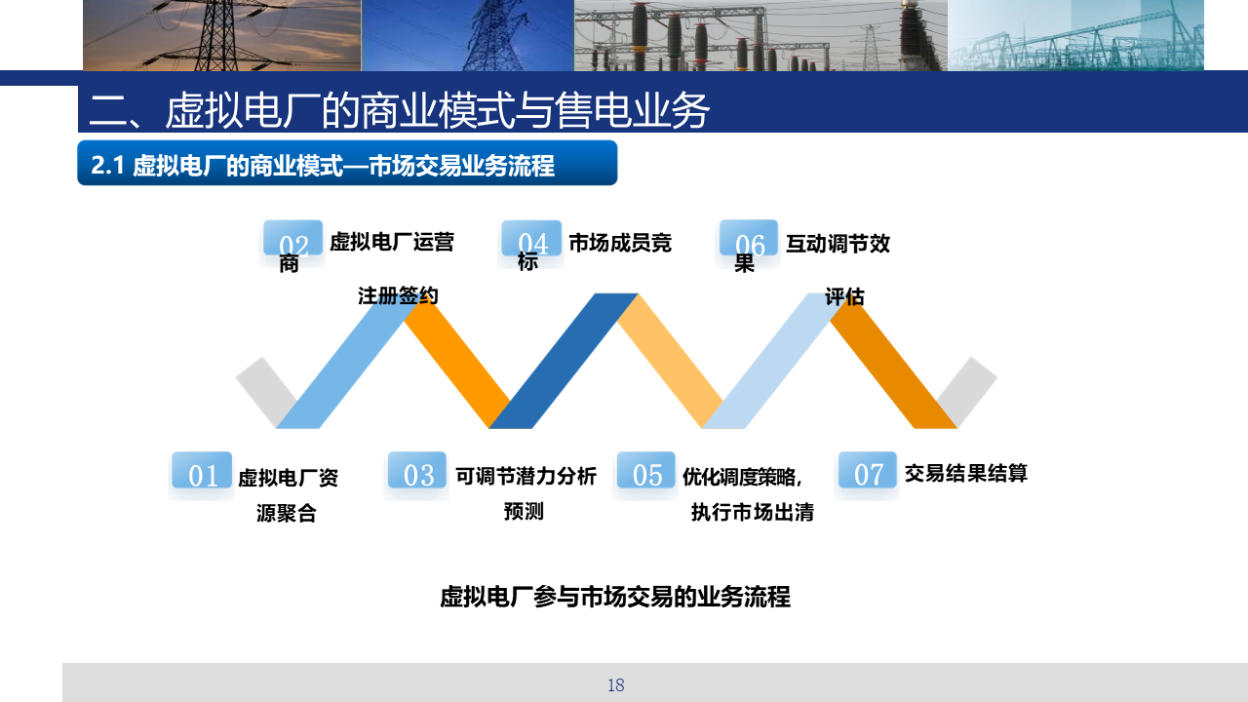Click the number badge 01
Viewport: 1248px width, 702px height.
pos(202,470)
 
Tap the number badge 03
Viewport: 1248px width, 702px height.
pos(417,470)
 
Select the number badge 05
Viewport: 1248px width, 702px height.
pos(646,470)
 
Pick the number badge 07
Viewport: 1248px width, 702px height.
pos(868,470)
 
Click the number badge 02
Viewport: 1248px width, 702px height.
pos(293,238)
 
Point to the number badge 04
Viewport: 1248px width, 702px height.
pos(531,238)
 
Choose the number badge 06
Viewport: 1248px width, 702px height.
pos(749,238)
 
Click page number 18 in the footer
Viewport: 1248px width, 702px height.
pos(615,685)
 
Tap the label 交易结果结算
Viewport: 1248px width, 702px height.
pos(965,474)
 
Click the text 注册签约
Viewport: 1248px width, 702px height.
pos(398,295)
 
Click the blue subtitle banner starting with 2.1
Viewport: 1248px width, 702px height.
pos(347,163)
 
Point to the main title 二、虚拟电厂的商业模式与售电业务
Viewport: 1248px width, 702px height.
pos(399,110)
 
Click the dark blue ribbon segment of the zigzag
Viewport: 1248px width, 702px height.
pos(563,361)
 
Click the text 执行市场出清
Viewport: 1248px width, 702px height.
pos(752,512)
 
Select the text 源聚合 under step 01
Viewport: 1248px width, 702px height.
pos(287,513)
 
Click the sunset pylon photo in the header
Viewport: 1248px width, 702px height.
pos(221,35)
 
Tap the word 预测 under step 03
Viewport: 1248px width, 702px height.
pos(524,511)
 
